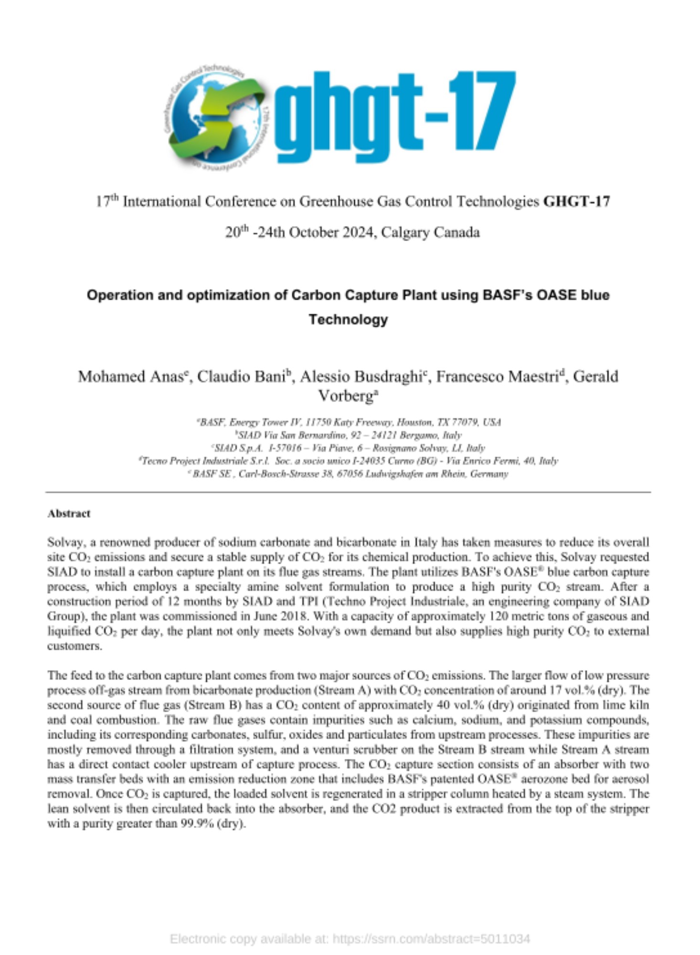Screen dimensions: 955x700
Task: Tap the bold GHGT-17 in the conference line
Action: coord(576,202)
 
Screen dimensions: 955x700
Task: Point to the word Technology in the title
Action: coord(348,319)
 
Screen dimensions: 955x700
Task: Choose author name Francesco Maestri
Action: coord(497,376)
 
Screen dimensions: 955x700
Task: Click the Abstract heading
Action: coord(69,513)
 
